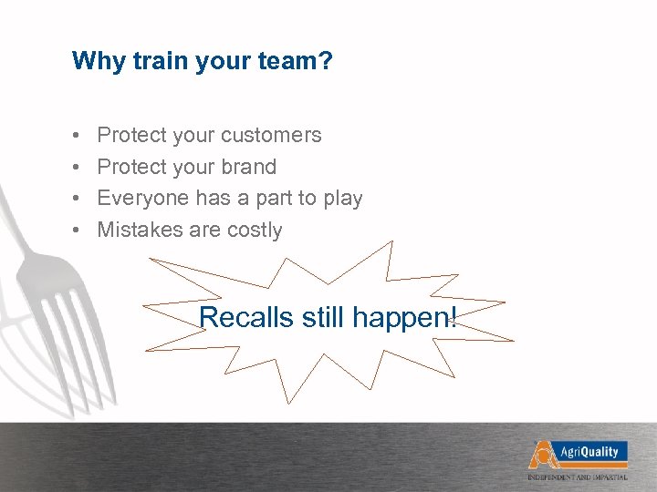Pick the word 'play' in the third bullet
(x=342, y=199)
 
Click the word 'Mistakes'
(x=140, y=231)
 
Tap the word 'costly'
(x=255, y=231)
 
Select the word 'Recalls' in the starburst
(x=234, y=318)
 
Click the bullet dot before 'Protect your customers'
(x=75, y=137)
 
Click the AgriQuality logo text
(x=588, y=452)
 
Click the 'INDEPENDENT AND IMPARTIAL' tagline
(x=577, y=477)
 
